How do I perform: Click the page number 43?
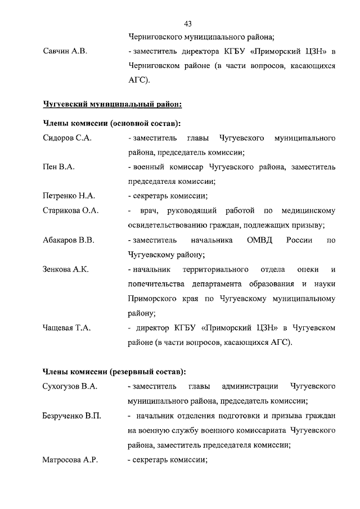tap(188, 23)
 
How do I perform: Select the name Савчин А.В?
tap(65, 52)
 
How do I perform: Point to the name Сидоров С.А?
tap(67, 137)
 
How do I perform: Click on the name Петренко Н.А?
tap(69, 196)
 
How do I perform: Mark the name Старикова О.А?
tap(71, 211)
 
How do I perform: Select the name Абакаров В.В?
tap(69, 240)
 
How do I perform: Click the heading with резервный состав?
tap(114, 372)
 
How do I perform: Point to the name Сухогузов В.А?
tap(70, 386)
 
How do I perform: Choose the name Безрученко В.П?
tap(72, 416)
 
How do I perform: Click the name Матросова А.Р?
tap(70, 460)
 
